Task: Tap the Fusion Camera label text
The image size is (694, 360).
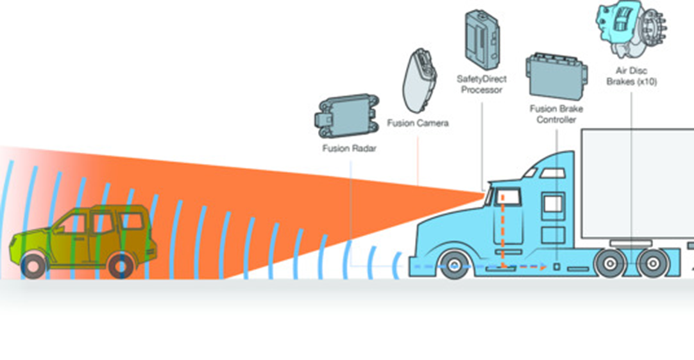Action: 418,123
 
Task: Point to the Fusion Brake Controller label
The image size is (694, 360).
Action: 557,114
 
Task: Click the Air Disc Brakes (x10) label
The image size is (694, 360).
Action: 632,76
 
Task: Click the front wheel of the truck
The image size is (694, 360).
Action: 454,266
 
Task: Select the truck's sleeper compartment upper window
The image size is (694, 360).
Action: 554,203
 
